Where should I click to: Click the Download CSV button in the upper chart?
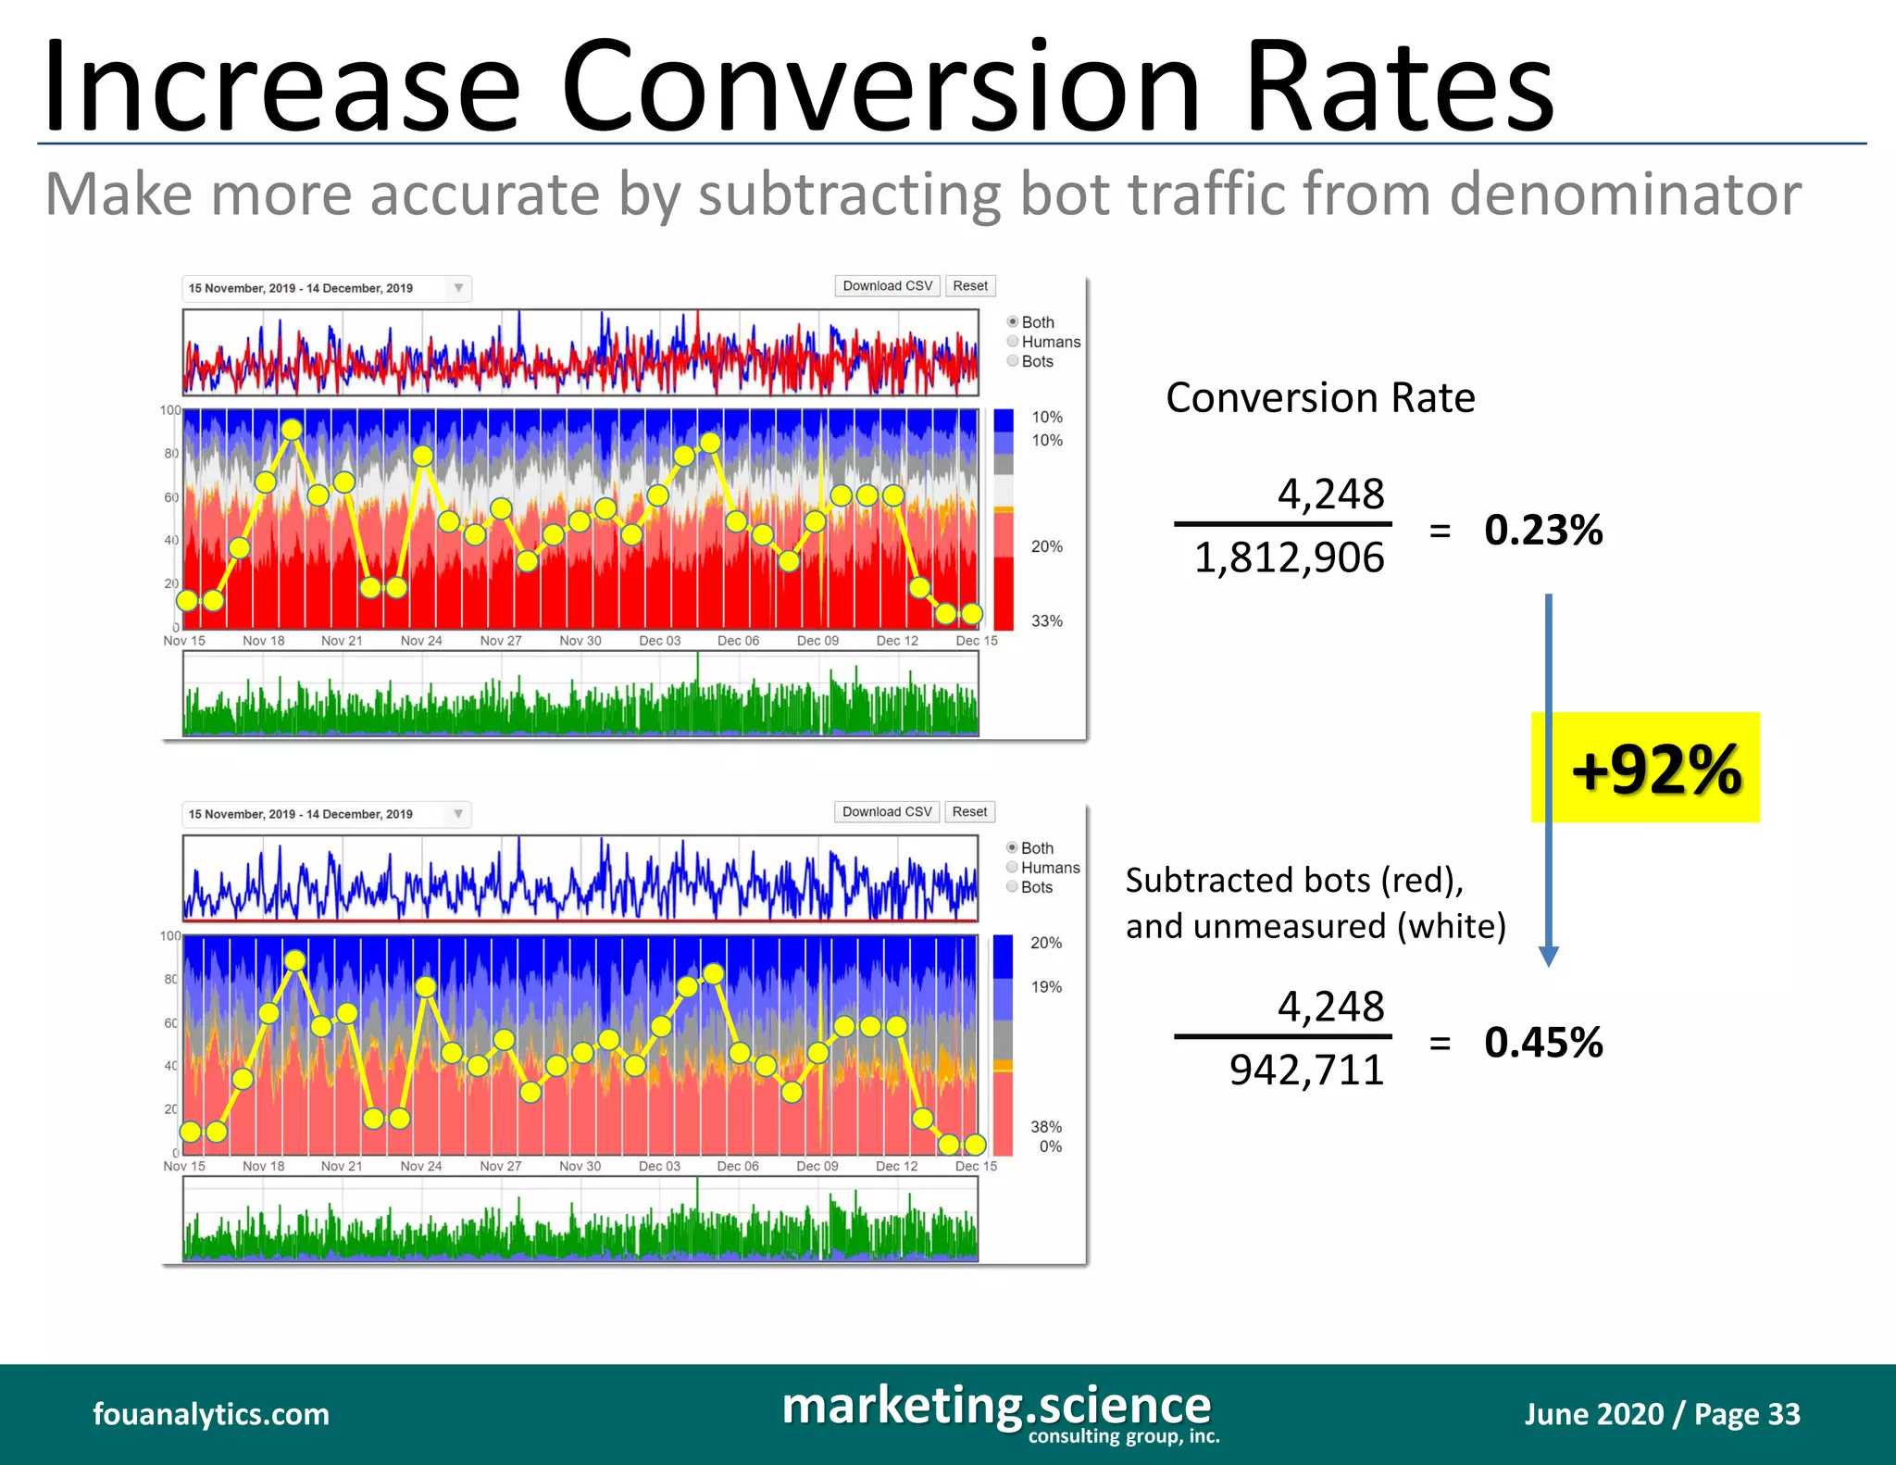pyautogui.click(x=887, y=286)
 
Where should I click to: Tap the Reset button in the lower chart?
pyautogui.click(x=969, y=812)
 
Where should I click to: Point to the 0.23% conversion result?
pyautogui.click(x=1543, y=530)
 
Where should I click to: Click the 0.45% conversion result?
pyautogui.click(x=1543, y=1042)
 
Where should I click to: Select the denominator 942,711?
pyautogui.click(x=1306, y=1071)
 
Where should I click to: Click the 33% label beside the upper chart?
pyautogui.click(x=1047, y=620)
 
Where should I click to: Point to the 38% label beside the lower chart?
pyautogui.click(x=1046, y=1127)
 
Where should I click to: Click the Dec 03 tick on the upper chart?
pyautogui.click(x=659, y=641)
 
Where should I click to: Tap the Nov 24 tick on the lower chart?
pyautogui.click(x=421, y=1166)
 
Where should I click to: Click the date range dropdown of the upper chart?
pyautogui.click(x=327, y=288)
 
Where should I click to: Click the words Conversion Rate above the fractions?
pyautogui.click(x=1320, y=397)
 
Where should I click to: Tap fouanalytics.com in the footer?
pyautogui.click(x=211, y=1414)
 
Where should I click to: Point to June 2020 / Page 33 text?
pyautogui.click(x=1662, y=1414)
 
